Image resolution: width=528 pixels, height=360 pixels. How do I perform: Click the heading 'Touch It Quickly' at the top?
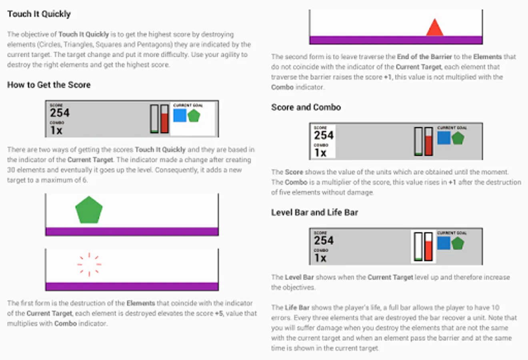click(x=39, y=14)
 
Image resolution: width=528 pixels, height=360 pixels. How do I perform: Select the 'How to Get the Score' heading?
click(x=49, y=85)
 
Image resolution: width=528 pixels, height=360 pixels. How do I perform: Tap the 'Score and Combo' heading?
click(x=306, y=108)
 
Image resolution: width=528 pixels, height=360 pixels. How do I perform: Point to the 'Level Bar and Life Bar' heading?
click(x=315, y=212)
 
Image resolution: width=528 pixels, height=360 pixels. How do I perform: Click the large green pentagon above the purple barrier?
click(x=89, y=210)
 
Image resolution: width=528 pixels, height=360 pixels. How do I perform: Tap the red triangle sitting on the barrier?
click(x=435, y=28)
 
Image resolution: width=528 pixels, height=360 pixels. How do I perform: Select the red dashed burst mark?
click(x=89, y=264)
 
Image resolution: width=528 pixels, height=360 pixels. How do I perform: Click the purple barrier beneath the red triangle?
click(x=396, y=40)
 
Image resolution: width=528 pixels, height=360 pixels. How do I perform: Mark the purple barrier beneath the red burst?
click(x=132, y=286)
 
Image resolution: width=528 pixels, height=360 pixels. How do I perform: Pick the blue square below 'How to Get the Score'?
click(x=180, y=115)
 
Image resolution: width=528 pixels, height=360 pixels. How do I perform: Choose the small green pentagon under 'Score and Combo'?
click(x=458, y=138)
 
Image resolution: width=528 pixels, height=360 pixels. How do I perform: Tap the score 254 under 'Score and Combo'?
click(x=324, y=135)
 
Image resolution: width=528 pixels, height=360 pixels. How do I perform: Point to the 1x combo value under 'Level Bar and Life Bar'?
click(x=320, y=258)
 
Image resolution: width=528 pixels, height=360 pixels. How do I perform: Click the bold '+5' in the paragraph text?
click(x=218, y=314)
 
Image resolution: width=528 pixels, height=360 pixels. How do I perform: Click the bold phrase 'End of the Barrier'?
click(x=424, y=57)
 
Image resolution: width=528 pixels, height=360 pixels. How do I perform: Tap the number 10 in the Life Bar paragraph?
click(x=496, y=308)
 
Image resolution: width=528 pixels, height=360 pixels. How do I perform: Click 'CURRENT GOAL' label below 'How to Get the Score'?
click(x=188, y=105)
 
